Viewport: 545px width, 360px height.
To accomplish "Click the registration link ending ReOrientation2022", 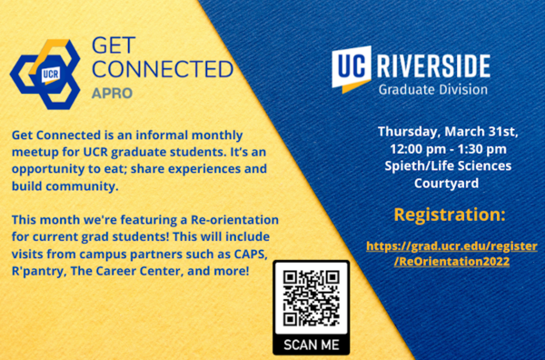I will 438,254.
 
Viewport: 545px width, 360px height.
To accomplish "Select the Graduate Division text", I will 433,90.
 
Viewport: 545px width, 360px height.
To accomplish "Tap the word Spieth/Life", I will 407,165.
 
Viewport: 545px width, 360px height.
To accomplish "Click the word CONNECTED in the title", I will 163,69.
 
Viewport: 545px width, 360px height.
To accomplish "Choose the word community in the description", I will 81,185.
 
